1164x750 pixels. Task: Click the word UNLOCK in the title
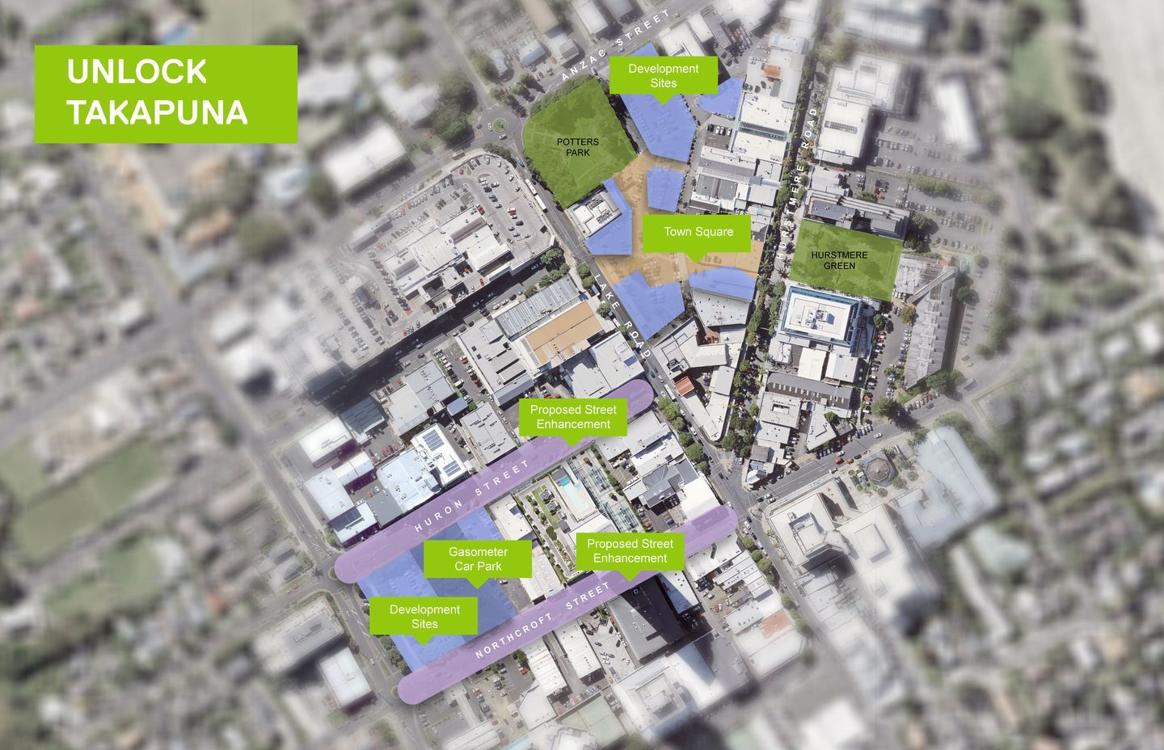point(137,72)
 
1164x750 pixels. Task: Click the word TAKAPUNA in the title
point(157,112)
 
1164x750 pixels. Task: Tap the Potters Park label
point(578,147)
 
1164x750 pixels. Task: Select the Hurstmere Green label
point(839,260)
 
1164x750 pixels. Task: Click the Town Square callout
point(698,232)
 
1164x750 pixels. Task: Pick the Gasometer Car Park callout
point(478,558)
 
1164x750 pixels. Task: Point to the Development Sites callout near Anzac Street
point(663,76)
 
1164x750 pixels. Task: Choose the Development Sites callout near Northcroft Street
point(424,616)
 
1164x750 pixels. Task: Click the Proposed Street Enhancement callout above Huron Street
point(573,417)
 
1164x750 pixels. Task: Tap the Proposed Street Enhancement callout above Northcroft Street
point(630,551)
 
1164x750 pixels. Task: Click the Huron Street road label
point(472,496)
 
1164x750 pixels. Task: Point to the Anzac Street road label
point(616,45)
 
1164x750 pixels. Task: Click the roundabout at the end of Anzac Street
point(500,125)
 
